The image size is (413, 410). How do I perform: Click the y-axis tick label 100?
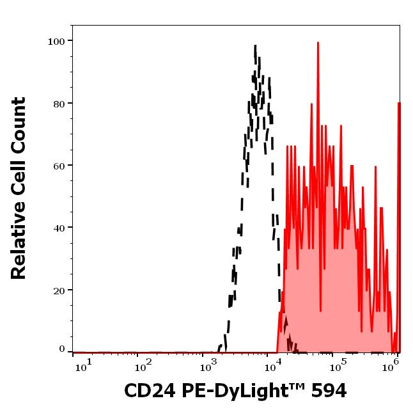(56, 41)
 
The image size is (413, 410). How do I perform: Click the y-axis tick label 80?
(59, 103)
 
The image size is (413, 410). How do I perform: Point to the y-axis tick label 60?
(59, 166)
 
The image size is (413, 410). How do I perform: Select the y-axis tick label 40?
(59, 228)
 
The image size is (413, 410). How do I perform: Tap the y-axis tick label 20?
(59, 290)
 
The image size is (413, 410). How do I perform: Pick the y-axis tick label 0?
(62, 349)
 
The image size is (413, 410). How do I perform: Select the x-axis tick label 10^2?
(143, 366)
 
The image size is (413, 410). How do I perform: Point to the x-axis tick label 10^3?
(208, 366)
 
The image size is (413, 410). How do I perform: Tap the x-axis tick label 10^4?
(274, 366)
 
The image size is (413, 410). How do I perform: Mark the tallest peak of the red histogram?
(318, 43)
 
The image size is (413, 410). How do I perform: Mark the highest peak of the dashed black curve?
(255, 46)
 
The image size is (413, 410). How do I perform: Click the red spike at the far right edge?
(399, 104)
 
